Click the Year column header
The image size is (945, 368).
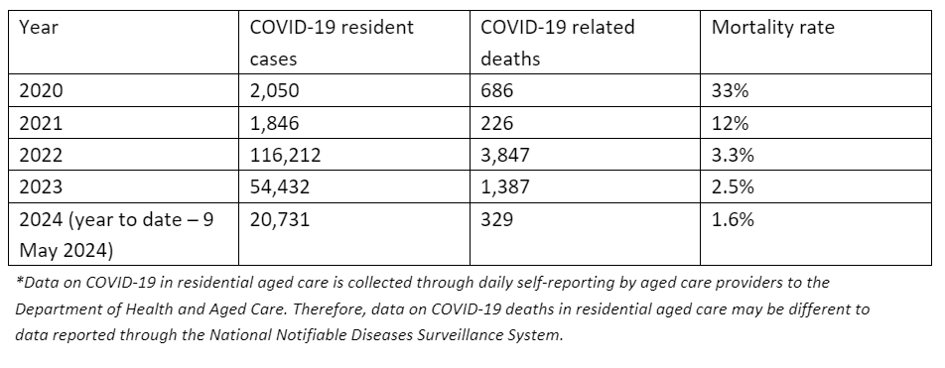pyautogui.click(x=39, y=28)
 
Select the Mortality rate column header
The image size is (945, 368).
pyautogui.click(x=772, y=28)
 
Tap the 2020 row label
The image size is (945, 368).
pyautogui.click(x=40, y=90)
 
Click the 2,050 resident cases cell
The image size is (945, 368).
pyautogui.click(x=274, y=90)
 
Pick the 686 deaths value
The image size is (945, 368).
pyautogui.click(x=496, y=90)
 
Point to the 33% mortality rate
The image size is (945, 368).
pyautogui.click(x=730, y=90)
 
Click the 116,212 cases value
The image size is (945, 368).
pyautogui.click(x=284, y=156)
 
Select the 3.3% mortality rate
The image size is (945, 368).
pyautogui.click(x=733, y=156)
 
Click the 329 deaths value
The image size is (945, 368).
pyautogui.click(x=496, y=220)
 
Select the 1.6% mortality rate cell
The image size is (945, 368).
pyautogui.click(x=733, y=220)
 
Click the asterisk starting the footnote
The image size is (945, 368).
pyautogui.click(x=19, y=282)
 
